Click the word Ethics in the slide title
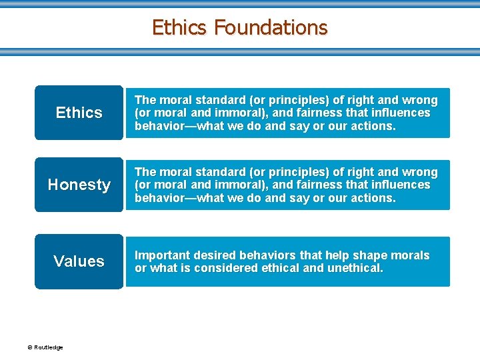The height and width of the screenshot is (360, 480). tap(180, 27)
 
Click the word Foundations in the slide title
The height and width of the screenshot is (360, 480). tap(271, 27)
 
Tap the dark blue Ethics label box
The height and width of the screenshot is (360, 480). tap(79, 113)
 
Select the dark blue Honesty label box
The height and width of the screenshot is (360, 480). tap(79, 185)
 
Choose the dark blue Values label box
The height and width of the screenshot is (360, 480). tap(79, 261)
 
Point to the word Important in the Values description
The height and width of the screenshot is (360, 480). tap(163, 255)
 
